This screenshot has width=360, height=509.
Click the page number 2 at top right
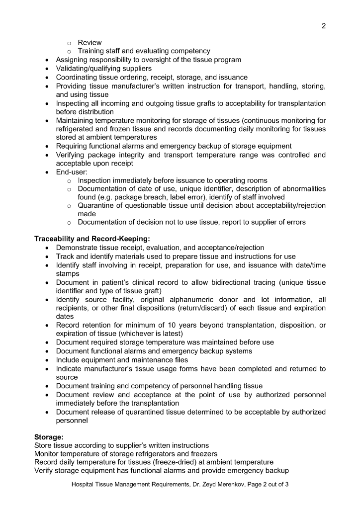[324, 26]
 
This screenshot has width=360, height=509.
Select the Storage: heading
[48, 437]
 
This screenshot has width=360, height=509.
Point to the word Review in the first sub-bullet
[90, 42]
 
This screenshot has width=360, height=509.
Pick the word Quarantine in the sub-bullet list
[97, 206]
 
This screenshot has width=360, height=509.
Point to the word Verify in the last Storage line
[45, 471]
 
